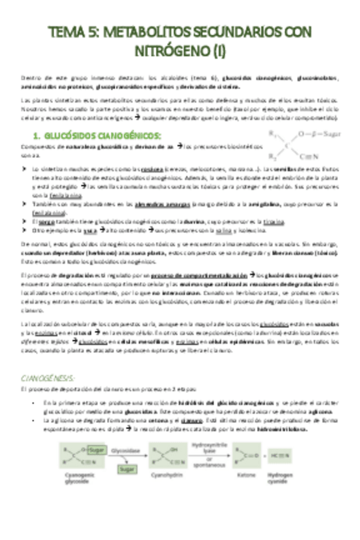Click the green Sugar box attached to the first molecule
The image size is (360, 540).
(x=96, y=450)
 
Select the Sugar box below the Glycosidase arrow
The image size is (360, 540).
(x=127, y=469)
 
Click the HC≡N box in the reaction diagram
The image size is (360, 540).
(x=282, y=457)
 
